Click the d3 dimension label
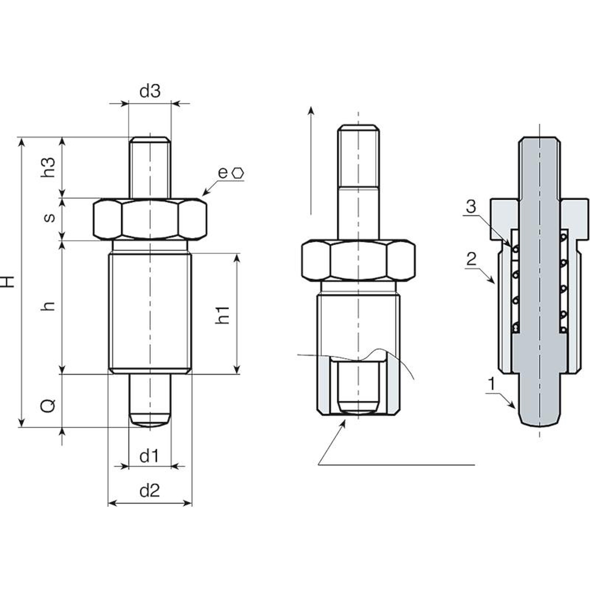point(150,91)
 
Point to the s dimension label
point(49,218)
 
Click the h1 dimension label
point(222,315)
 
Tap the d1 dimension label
point(149,456)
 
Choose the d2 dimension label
point(150,491)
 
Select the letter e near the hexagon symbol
point(222,173)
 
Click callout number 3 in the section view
point(471,206)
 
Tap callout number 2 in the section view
point(471,259)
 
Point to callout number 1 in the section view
point(492,384)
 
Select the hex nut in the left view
point(150,219)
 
